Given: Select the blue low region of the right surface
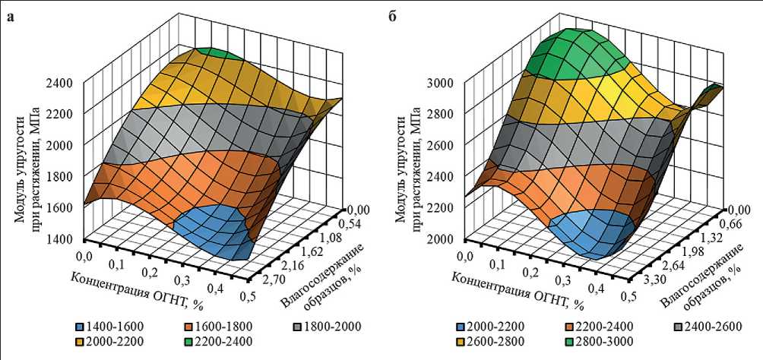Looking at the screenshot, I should click(x=591, y=232).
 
